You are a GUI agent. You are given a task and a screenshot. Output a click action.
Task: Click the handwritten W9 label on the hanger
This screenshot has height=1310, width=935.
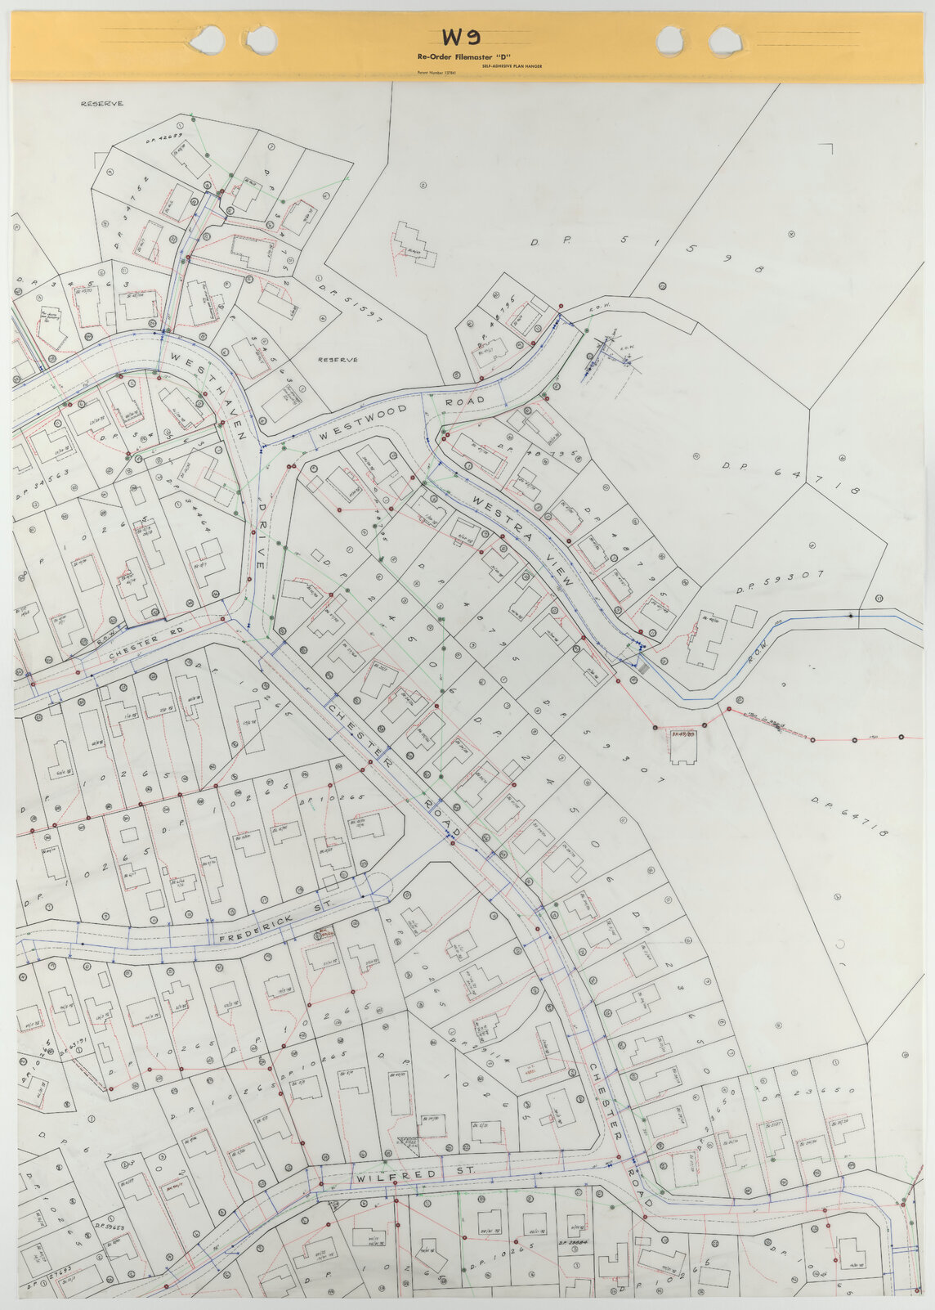[460, 37]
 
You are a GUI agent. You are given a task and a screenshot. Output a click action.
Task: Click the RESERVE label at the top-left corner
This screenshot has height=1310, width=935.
[101, 104]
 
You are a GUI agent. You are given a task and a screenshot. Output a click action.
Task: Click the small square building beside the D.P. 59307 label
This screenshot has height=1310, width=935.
[744, 616]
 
